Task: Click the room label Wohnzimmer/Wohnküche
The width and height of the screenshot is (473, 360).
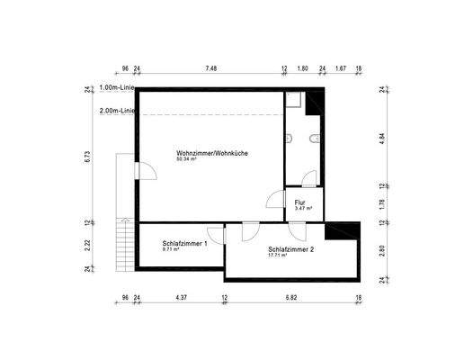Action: click(x=212, y=153)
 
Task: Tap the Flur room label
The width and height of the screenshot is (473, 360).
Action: click(x=300, y=202)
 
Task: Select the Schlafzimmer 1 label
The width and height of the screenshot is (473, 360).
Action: click(x=185, y=243)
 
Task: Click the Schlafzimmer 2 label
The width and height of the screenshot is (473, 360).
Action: click(x=290, y=248)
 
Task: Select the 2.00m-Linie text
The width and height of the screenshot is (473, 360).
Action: click(x=119, y=112)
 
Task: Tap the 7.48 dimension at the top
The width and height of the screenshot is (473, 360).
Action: click(x=210, y=68)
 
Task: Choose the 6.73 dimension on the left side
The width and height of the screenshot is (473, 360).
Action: click(x=87, y=155)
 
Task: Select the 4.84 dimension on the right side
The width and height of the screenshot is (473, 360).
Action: click(x=381, y=138)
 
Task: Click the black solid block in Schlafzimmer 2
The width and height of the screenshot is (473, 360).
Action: click(x=341, y=231)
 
